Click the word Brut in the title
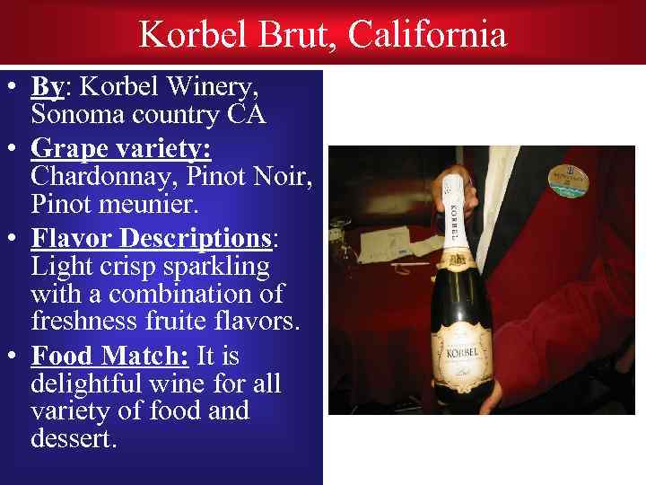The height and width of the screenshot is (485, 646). tap(299, 35)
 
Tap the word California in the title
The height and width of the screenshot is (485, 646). tap(427, 35)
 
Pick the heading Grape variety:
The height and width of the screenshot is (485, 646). tap(120, 145)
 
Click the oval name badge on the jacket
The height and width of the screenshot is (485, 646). tap(565, 180)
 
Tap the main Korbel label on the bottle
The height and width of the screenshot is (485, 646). tap(460, 351)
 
